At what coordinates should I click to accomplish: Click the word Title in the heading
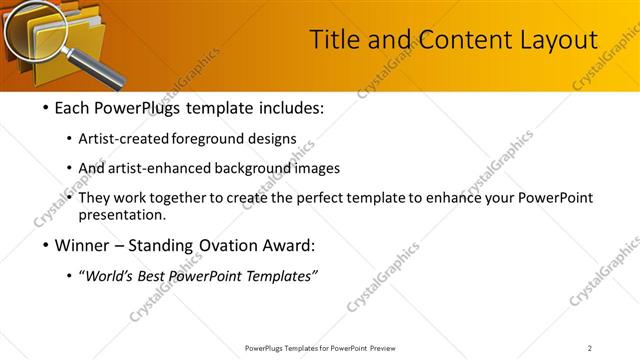click(333, 40)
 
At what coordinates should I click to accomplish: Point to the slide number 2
click(590, 348)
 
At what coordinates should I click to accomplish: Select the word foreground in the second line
click(208, 138)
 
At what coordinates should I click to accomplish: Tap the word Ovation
click(229, 246)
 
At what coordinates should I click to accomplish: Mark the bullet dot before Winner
click(46, 246)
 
